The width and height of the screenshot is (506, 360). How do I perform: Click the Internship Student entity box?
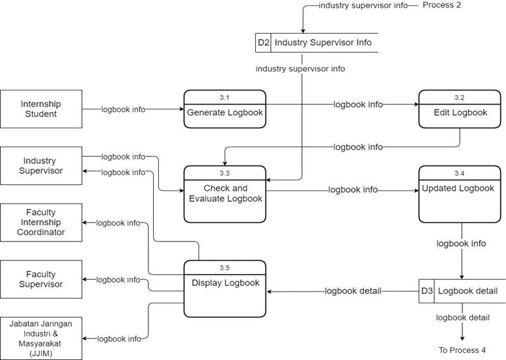tap(41, 109)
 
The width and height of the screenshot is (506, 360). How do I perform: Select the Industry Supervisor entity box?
tap(41, 165)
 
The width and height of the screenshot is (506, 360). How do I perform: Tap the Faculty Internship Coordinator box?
tap(41, 222)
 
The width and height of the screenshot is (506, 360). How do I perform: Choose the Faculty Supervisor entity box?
tap(41, 279)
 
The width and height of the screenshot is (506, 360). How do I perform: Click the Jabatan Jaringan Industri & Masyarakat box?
tap(41, 337)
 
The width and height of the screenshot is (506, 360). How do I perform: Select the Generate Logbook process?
tap(225, 113)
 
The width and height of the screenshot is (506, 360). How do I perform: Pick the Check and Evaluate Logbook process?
tap(225, 193)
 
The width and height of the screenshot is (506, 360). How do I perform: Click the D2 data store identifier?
tap(263, 43)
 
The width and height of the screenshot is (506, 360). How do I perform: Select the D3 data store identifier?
tap(426, 291)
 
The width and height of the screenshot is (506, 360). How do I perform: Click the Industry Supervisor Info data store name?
tap(323, 43)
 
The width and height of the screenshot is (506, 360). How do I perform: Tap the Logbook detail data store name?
tap(468, 291)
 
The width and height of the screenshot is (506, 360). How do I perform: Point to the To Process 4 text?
tap(462, 350)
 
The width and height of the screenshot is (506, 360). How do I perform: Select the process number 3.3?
tap(225, 173)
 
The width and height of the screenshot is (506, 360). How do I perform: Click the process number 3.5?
tap(225, 268)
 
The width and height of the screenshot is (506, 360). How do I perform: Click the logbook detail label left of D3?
tap(352, 291)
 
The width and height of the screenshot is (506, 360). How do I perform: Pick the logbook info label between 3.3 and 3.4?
tap(352, 190)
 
